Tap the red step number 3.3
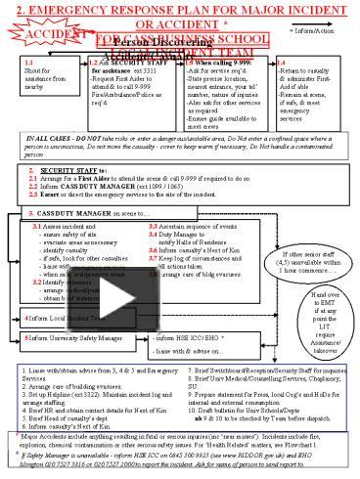[156, 227]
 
